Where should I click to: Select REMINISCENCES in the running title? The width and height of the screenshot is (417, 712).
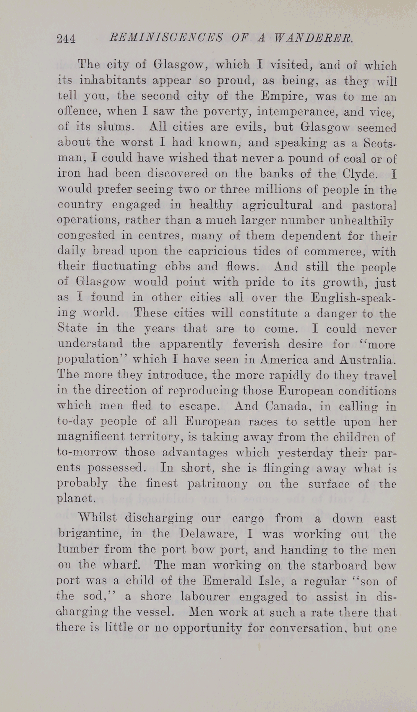pyautogui.click(x=165, y=38)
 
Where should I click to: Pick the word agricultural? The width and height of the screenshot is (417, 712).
pyautogui.click(x=277, y=205)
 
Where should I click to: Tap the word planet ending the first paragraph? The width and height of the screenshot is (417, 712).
pyautogui.click(x=76, y=499)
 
